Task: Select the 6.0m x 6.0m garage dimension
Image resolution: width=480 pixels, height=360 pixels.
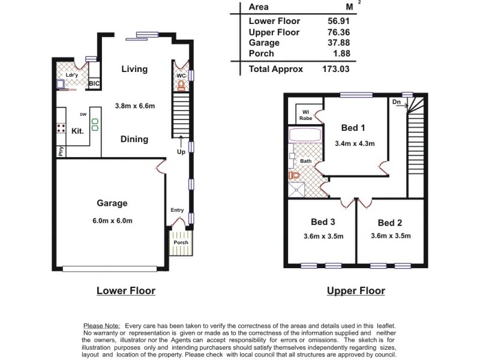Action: click(112, 220)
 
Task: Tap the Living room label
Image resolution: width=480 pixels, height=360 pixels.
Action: click(134, 69)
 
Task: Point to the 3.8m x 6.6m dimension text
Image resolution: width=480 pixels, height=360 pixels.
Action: click(135, 106)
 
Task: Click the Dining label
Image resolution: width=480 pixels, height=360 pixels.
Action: click(134, 139)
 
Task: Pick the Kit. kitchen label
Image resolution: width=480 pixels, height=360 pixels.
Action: click(77, 130)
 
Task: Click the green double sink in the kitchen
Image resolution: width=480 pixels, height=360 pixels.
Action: click(95, 125)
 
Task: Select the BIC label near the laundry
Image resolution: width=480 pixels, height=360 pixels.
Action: click(94, 85)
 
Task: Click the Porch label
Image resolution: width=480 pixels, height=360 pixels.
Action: click(181, 242)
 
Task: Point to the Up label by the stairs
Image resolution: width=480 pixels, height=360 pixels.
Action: click(181, 152)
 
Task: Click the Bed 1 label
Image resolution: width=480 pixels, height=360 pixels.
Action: click(353, 127)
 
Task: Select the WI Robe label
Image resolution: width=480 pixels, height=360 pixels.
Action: click(305, 115)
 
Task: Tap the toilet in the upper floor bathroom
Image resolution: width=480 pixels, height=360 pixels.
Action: click(293, 176)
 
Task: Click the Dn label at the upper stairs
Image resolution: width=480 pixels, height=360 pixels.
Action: click(396, 103)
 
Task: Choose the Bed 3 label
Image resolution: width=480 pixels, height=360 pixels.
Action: click(323, 223)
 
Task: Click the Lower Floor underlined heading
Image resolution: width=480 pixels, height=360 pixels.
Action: click(126, 291)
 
